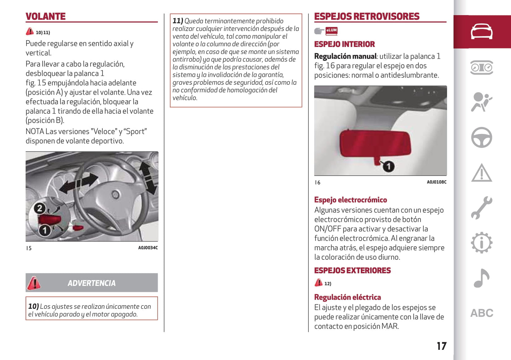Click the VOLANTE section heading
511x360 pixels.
[46, 17]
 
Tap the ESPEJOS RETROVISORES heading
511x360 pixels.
[367, 17]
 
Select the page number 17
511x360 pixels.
[442, 346]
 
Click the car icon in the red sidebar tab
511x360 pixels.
[481, 32]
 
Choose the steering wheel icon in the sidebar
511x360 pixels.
[481, 137]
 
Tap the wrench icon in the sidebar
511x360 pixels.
[481, 208]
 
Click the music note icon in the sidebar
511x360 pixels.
[481, 278]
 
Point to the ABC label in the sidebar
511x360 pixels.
[481, 313]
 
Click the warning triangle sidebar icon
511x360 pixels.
[481, 173]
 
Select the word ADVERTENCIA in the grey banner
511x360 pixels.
[92, 283]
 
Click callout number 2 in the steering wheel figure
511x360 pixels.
[40, 208]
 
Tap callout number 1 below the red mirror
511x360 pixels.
[388, 166]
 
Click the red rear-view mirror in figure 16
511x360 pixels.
[375, 144]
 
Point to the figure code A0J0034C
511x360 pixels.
[148, 248]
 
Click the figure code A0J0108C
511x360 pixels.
[436, 182]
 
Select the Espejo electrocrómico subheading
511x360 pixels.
[350, 200]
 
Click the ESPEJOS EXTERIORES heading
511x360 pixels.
[352, 271]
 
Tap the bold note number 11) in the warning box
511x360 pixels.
[178, 21]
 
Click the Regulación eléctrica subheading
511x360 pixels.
[347, 297]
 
